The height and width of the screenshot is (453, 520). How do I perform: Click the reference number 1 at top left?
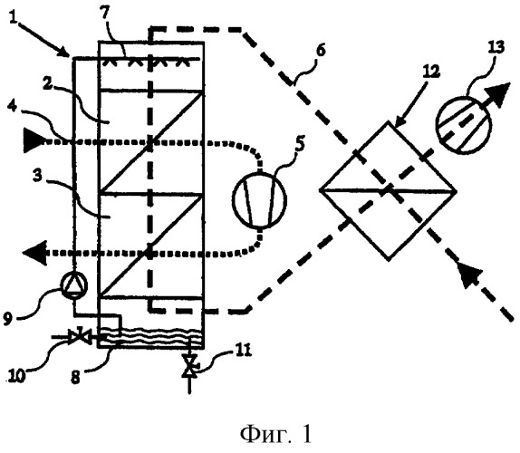pyautogui.click(x=14, y=14)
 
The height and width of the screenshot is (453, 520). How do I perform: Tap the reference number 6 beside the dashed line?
pyautogui.click(x=321, y=51)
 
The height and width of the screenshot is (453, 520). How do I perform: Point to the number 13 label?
pyautogui.click(x=496, y=48)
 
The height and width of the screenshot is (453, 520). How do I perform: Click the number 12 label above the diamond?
pyautogui.click(x=429, y=72)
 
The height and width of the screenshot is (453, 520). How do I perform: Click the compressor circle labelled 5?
pyautogui.click(x=260, y=199)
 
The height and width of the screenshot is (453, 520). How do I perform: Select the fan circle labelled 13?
pyautogui.click(x=463, y=125)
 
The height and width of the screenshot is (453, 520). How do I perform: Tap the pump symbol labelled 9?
pyautogui.click(x=73, y=284)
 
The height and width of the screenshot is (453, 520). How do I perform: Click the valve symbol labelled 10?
pyautogui.click(x=79, y=336)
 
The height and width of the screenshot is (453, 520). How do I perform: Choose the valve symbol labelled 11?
pyautogui.click(x=189, y=366)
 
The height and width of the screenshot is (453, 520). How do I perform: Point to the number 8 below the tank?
pyautogui.click(x=76, y=377)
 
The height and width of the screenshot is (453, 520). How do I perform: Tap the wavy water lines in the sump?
pyautogui.click(x=151, y=337)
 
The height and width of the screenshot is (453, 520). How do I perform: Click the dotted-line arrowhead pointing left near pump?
pyautogui.click(x=34, y=253)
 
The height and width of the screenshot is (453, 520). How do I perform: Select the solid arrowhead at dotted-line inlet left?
pyautogui.click(x=34, y=140)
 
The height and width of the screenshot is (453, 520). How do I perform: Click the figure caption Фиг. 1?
pyautogui.click(x=276, y=435)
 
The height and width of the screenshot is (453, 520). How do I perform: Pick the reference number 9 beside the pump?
pyautogui.click(x=9, y=319)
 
